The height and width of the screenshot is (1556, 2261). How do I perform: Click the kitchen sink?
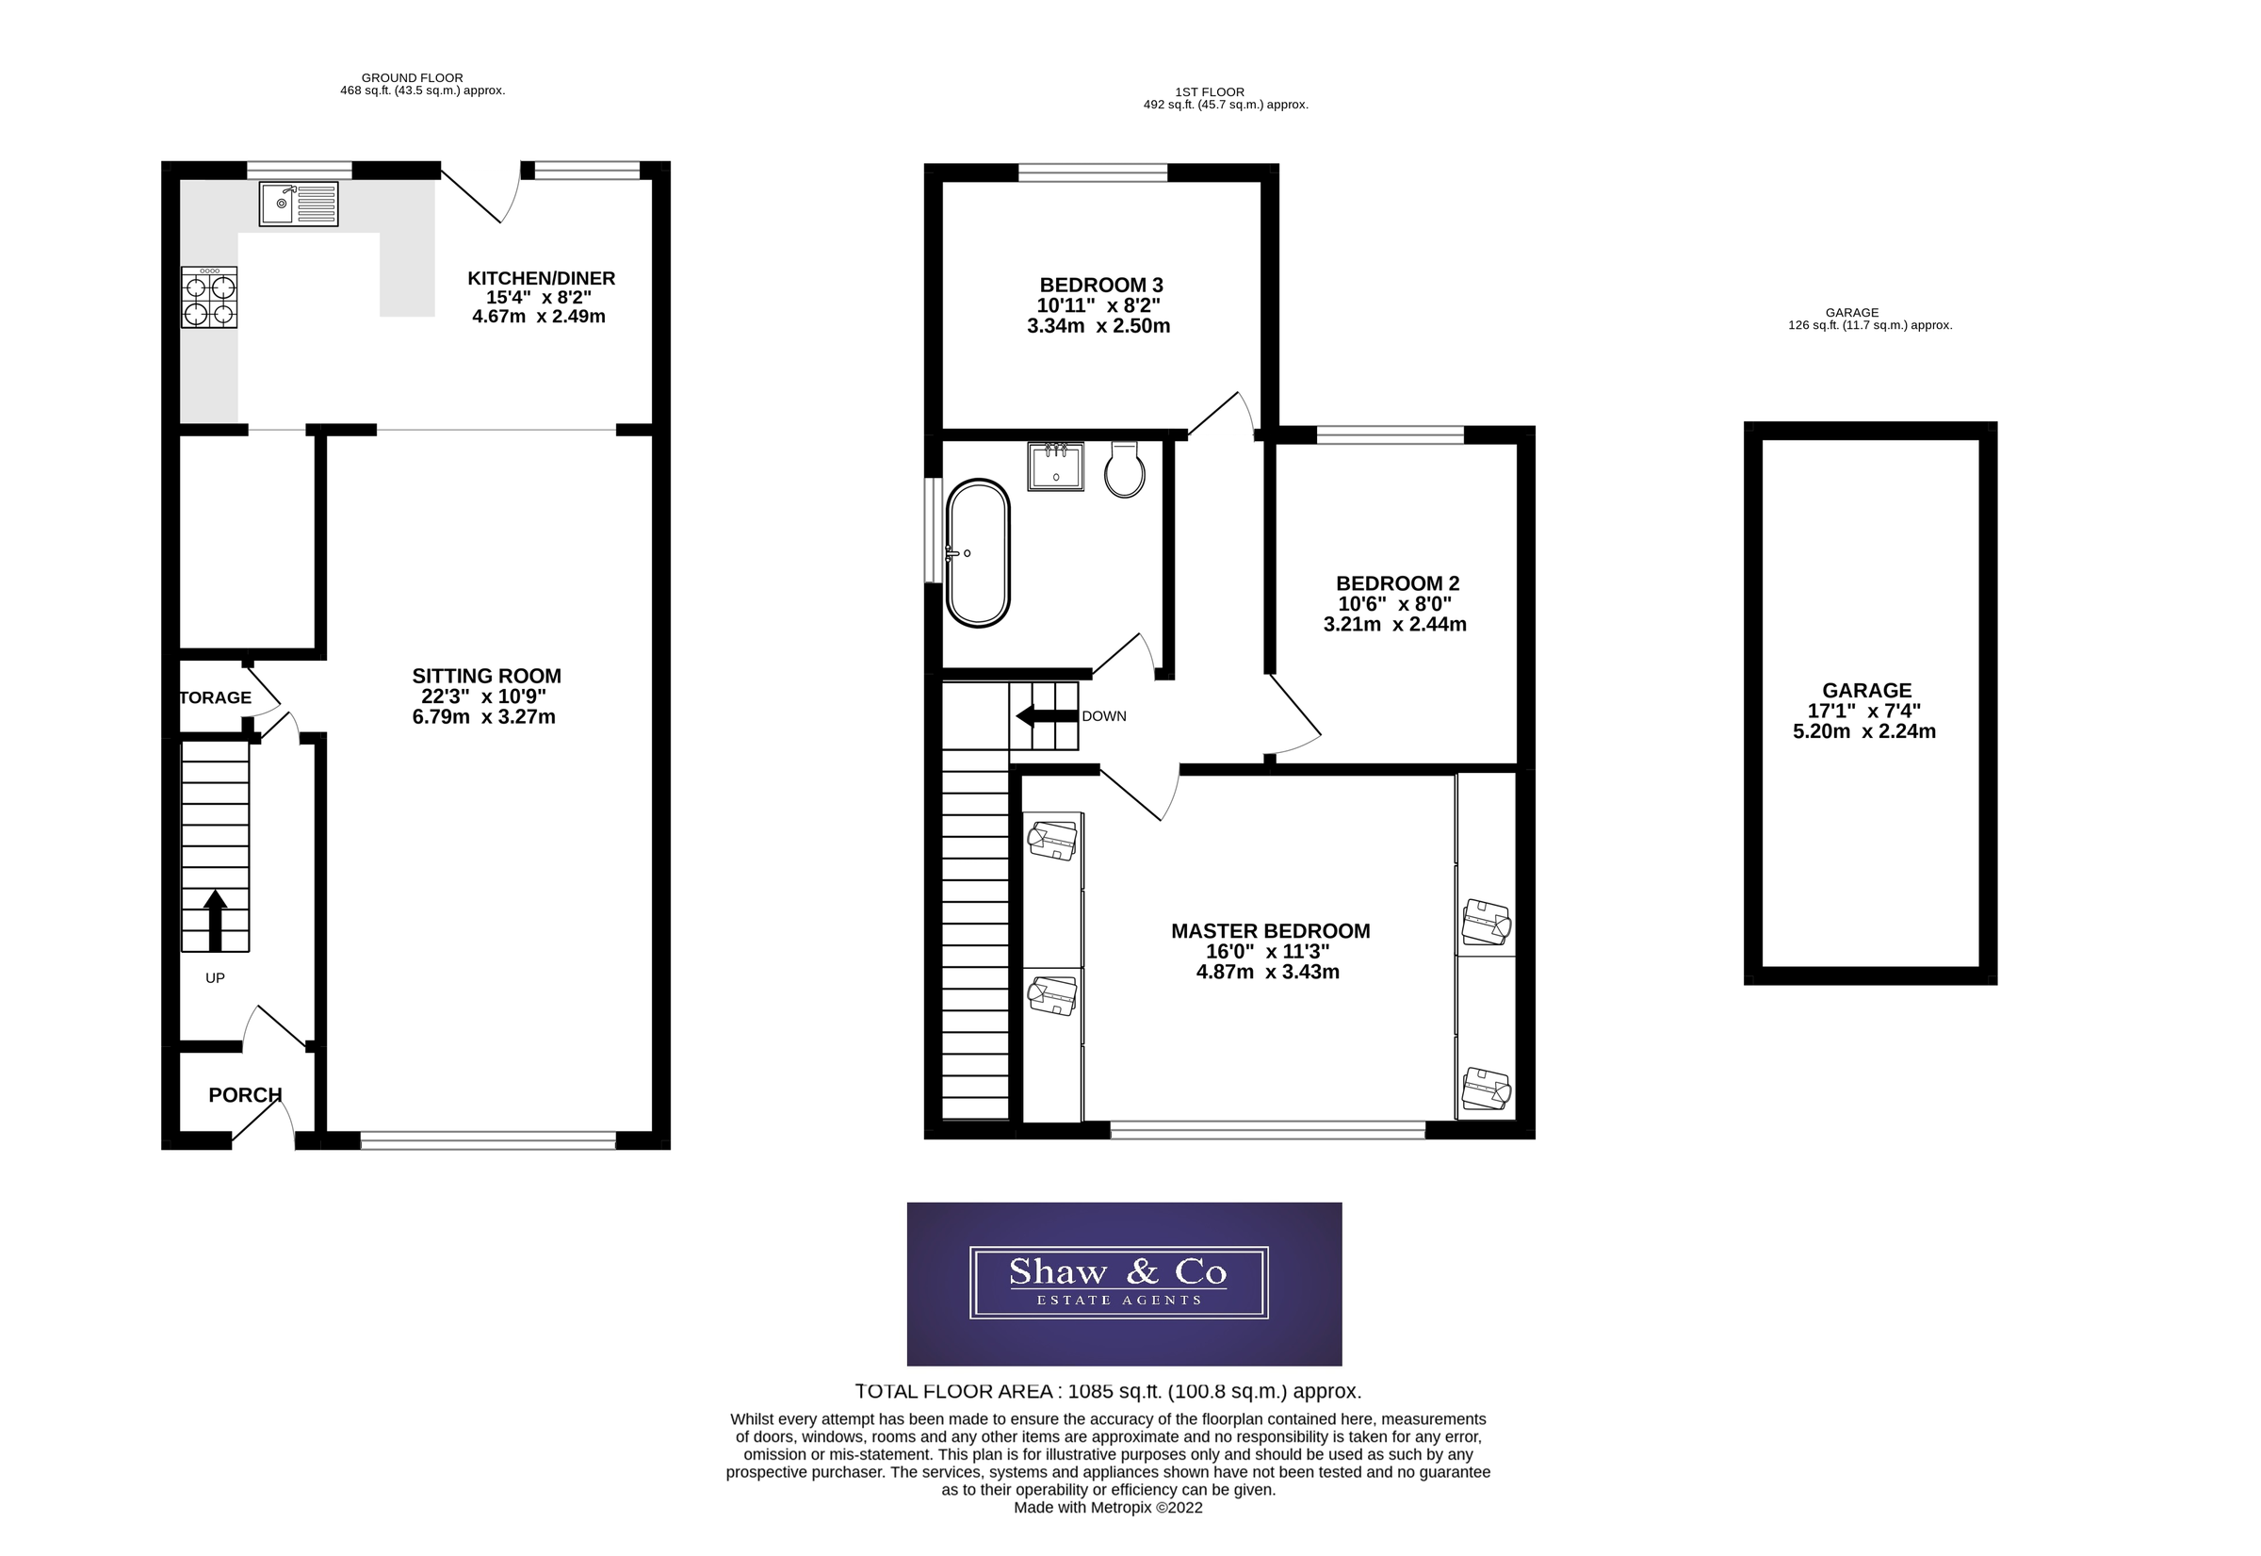299,204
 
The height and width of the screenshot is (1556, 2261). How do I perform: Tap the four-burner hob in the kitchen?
209,299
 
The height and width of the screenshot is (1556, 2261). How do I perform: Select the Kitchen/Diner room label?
541,279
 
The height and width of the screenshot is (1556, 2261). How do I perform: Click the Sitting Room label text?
486,676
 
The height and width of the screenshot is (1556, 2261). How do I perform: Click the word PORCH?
245,1095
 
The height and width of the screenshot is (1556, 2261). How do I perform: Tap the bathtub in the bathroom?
978,552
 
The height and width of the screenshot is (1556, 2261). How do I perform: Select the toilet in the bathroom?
1124,471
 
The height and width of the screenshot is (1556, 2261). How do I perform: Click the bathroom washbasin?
1055,466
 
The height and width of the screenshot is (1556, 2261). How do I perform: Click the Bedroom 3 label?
1100,286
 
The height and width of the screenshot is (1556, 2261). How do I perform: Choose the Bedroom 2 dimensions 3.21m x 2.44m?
1393,625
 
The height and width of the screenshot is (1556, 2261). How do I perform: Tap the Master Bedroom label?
1270,931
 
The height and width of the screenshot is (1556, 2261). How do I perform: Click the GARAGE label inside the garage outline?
1866,690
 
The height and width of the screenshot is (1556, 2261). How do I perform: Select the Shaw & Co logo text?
1118,1272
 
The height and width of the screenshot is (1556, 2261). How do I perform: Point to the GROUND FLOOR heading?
413,78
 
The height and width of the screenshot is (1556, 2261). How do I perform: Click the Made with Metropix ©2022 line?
1108,1507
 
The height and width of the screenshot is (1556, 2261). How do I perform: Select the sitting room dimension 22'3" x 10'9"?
483,697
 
